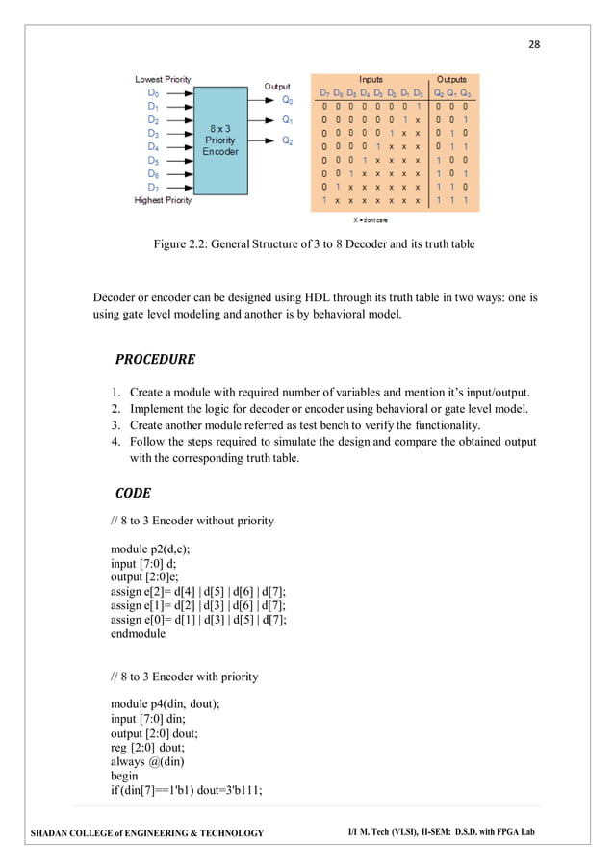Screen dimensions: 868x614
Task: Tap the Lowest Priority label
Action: tap(163, 79)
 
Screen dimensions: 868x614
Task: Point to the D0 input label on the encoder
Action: tap(154, 93)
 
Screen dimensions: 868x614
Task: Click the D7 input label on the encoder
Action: tap(154, 187)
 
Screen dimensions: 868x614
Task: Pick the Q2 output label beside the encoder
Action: tap(288, 140)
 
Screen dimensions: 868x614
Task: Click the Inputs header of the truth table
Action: tap(371, 79)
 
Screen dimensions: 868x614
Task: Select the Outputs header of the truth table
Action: tap(452, 79)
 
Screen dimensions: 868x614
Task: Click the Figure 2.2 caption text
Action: tap(314, 244)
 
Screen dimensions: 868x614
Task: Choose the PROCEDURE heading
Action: tap(155, 360)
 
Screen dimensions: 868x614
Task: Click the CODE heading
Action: tap(133, 493)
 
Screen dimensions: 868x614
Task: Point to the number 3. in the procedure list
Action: tap(114, 425)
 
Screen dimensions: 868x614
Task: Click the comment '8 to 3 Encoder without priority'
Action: tap(192, 521)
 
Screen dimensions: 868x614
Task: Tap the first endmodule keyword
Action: tap(138, 634)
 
